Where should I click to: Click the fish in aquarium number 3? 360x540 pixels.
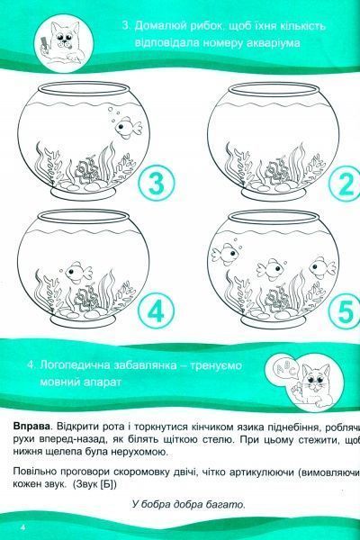click(x=130, y=129)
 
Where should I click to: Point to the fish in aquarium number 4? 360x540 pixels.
click(x=79, y=269)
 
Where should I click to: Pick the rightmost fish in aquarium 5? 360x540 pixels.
click(x=316, y=265)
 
